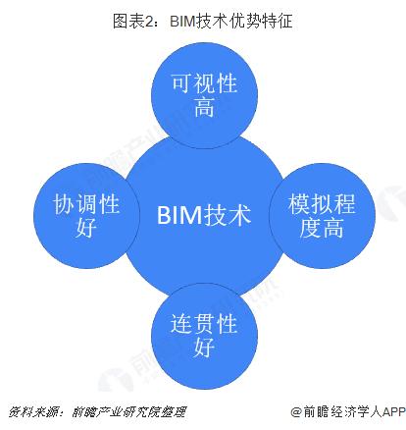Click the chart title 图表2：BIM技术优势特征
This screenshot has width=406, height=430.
point(203,17)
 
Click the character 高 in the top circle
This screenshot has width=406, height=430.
point(204,107)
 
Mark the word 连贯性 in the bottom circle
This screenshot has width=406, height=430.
point(204,320)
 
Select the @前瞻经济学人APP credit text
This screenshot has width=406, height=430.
point(347,411)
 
